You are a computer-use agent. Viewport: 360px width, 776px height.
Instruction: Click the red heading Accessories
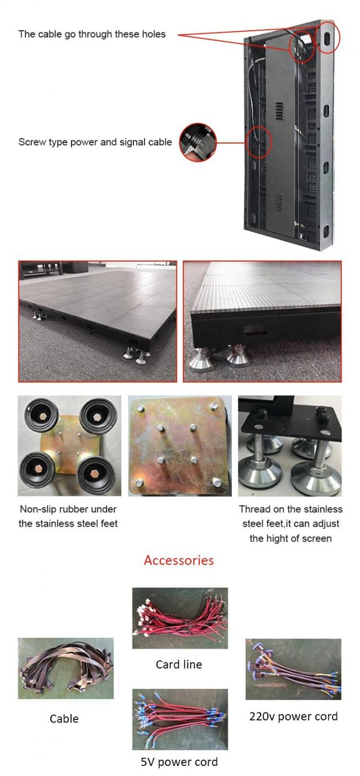179,560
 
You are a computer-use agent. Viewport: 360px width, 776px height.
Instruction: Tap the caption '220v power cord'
293,716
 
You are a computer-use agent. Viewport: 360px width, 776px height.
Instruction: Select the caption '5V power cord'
179,762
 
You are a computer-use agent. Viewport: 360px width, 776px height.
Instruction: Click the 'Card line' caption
179,664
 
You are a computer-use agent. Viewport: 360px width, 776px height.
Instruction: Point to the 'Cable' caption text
64,718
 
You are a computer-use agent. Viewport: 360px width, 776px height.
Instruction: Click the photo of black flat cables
66,668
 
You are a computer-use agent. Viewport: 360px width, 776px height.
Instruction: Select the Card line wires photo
179,618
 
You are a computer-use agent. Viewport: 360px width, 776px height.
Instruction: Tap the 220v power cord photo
293,669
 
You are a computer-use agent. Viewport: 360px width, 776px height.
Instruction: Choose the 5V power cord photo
179,719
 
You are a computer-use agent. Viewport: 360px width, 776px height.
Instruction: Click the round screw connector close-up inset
199,142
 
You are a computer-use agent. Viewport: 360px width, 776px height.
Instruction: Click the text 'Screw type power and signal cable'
95,142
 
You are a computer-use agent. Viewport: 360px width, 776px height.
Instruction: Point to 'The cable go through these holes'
92,34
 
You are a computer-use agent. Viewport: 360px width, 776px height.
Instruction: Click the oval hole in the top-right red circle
328,38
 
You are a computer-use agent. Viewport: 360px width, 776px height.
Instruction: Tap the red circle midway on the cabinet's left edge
259,142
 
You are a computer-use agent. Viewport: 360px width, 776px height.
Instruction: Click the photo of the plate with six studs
179,446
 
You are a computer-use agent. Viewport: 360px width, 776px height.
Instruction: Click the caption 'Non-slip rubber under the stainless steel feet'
68,516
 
